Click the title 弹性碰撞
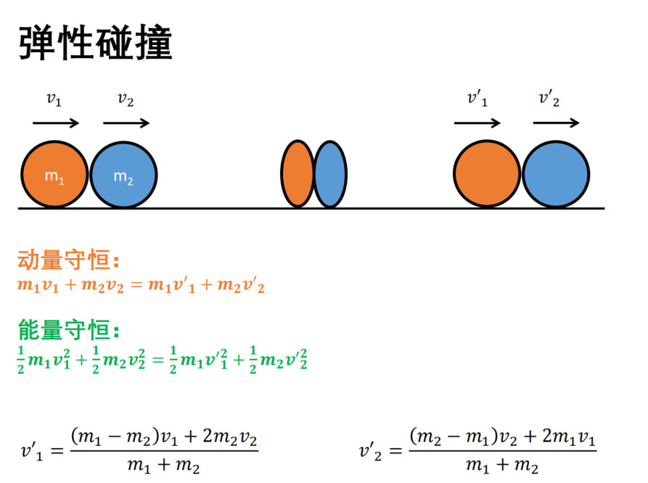click(96, 43)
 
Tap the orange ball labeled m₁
click(54, 174)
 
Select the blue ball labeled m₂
click(123, 174)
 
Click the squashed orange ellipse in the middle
click(298, 173)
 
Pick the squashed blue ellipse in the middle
click(330, 174)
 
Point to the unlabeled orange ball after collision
click(487, 173)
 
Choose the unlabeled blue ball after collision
click(556, 174)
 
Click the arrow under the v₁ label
click(56, 123)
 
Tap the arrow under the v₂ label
click(126, 123)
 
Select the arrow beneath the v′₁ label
click(477, 123)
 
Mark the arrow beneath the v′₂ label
click(557, 123)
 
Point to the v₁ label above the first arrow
click(54, 99)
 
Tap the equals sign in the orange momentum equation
click(136, 285)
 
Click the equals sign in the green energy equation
click(158, 360)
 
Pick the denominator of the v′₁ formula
click(164, 466)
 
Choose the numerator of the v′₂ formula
click(503, 437)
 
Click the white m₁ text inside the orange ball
click(54, 177)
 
